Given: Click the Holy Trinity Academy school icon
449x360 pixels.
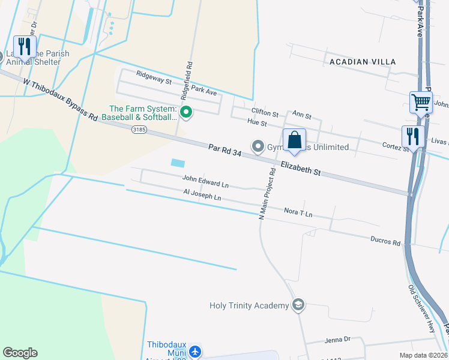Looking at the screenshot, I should (298, 305).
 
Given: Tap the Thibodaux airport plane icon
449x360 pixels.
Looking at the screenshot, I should (195, 351).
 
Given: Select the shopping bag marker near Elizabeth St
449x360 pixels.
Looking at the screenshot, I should (294, 141).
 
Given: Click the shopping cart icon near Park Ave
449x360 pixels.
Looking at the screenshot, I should (421, 103).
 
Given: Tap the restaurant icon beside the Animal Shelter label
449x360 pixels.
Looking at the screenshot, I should (25, 46).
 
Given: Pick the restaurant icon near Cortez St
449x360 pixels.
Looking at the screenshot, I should (413, 136).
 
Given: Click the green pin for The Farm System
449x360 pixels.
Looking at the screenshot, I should (186, 112).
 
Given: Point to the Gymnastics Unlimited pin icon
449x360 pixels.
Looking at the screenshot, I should (258, 146).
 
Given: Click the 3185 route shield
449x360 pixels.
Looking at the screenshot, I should (139, 129).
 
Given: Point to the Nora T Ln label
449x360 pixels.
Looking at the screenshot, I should (298, 213).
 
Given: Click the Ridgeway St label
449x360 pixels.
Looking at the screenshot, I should (154, 76).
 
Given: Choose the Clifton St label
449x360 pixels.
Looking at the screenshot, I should (265, 113).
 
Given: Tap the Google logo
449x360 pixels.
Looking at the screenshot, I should (20, 353).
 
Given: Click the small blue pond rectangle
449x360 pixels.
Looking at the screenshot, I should (178, 163).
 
